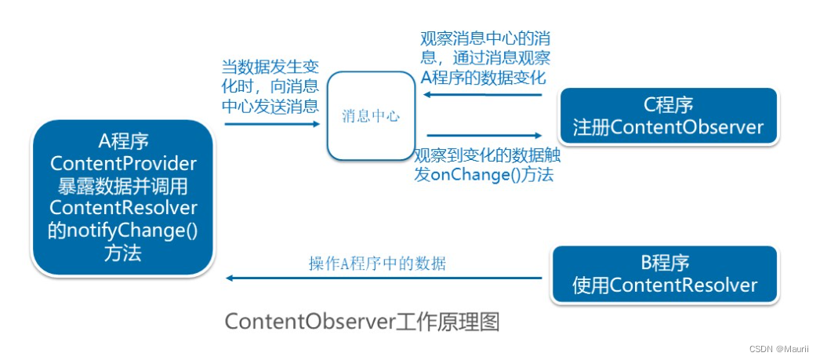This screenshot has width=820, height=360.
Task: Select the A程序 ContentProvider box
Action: (123, 197)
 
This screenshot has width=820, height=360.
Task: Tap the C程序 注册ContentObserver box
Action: (667, 117)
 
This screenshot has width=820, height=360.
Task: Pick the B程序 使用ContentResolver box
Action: (666, 275)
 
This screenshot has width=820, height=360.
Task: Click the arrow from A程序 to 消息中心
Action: (271, 124)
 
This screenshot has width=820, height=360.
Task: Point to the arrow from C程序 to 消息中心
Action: (483, 95)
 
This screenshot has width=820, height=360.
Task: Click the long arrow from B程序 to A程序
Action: (384, 278)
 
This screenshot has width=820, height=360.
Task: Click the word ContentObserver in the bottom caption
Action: (305, 322)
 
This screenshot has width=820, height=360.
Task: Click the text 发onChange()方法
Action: (484, 174)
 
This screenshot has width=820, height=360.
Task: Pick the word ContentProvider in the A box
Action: (123, 163)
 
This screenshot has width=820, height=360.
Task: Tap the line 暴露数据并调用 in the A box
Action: (123, 186)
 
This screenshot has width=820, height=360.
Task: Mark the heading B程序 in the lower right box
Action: (666, 263)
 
